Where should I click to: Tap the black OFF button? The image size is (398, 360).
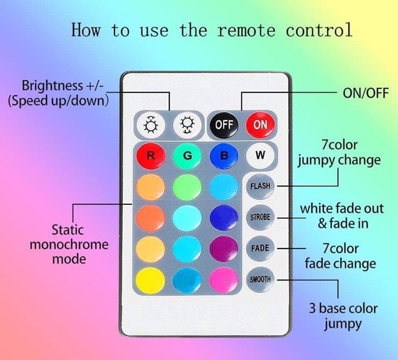[224, 124]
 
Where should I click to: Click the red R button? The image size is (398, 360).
[151, 155]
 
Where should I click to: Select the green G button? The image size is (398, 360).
[187, 155]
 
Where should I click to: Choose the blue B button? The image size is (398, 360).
[224, 155]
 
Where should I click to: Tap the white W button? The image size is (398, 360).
[260, 155]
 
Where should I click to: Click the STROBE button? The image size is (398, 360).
[260, 218]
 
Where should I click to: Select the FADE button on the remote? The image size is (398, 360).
[260, 248]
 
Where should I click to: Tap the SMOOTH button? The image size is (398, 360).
[260, 280]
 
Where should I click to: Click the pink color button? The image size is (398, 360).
[224, 280]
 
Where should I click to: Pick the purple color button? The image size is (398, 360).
[224, 249]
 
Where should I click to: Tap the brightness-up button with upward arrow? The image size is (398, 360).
[151, 124]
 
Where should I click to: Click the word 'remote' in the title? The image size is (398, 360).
[246, 31]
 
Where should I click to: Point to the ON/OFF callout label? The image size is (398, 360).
[366, 93]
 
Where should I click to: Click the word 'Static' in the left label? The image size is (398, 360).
[67, 230]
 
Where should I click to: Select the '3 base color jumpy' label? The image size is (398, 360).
[343, 316]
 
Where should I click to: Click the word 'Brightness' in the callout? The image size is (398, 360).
[52, 86]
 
